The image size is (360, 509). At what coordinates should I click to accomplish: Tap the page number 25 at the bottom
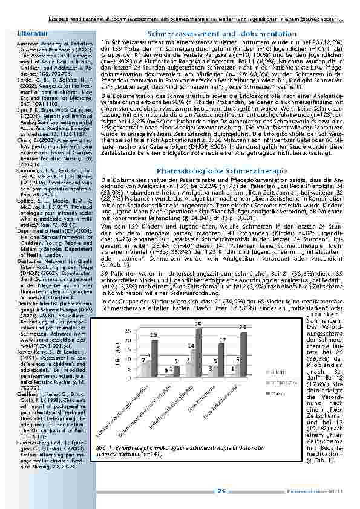coord(221,491)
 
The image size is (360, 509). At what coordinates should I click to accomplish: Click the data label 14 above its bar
coord(191,345)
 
